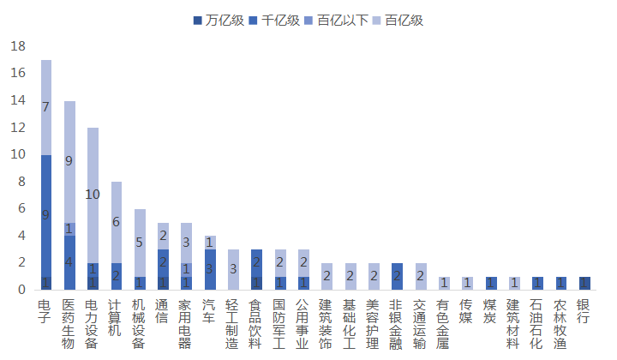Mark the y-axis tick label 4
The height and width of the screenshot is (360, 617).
point(23,236)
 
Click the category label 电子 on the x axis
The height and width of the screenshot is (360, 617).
point(45,312)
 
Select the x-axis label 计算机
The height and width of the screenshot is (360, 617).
point(116,319)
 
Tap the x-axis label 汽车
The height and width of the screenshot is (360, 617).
point(209,312)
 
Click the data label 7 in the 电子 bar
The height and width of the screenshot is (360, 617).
point(45,106)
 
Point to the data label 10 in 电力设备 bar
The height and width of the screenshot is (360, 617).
point(93,195)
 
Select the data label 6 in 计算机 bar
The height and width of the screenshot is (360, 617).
point(116,221)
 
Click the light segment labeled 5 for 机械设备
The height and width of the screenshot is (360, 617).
point(139,242)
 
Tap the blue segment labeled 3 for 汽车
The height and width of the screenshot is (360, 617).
point(209,269)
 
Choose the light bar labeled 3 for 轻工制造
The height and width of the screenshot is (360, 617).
point(232,269)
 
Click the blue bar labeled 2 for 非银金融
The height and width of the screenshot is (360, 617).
point(396,276)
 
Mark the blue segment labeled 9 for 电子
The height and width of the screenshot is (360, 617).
point(45,214)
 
